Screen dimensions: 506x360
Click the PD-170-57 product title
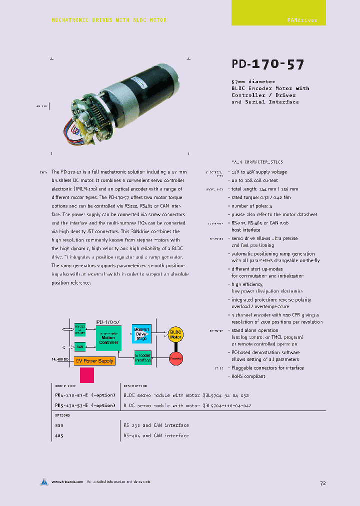(x=267, y=64)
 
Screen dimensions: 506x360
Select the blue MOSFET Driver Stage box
(x=142, y=333)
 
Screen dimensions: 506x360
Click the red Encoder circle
(x=175, y=358)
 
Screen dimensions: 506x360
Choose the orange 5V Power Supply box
(x=94, y=360)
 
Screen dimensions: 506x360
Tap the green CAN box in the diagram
(x=80, y=346)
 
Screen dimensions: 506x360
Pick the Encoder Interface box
(x=142, y=357)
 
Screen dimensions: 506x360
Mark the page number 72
(x=322, y=483)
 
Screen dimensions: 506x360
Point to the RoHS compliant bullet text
(x=247, y=376)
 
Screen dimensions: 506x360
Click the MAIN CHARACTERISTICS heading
(x=257, y=162)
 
